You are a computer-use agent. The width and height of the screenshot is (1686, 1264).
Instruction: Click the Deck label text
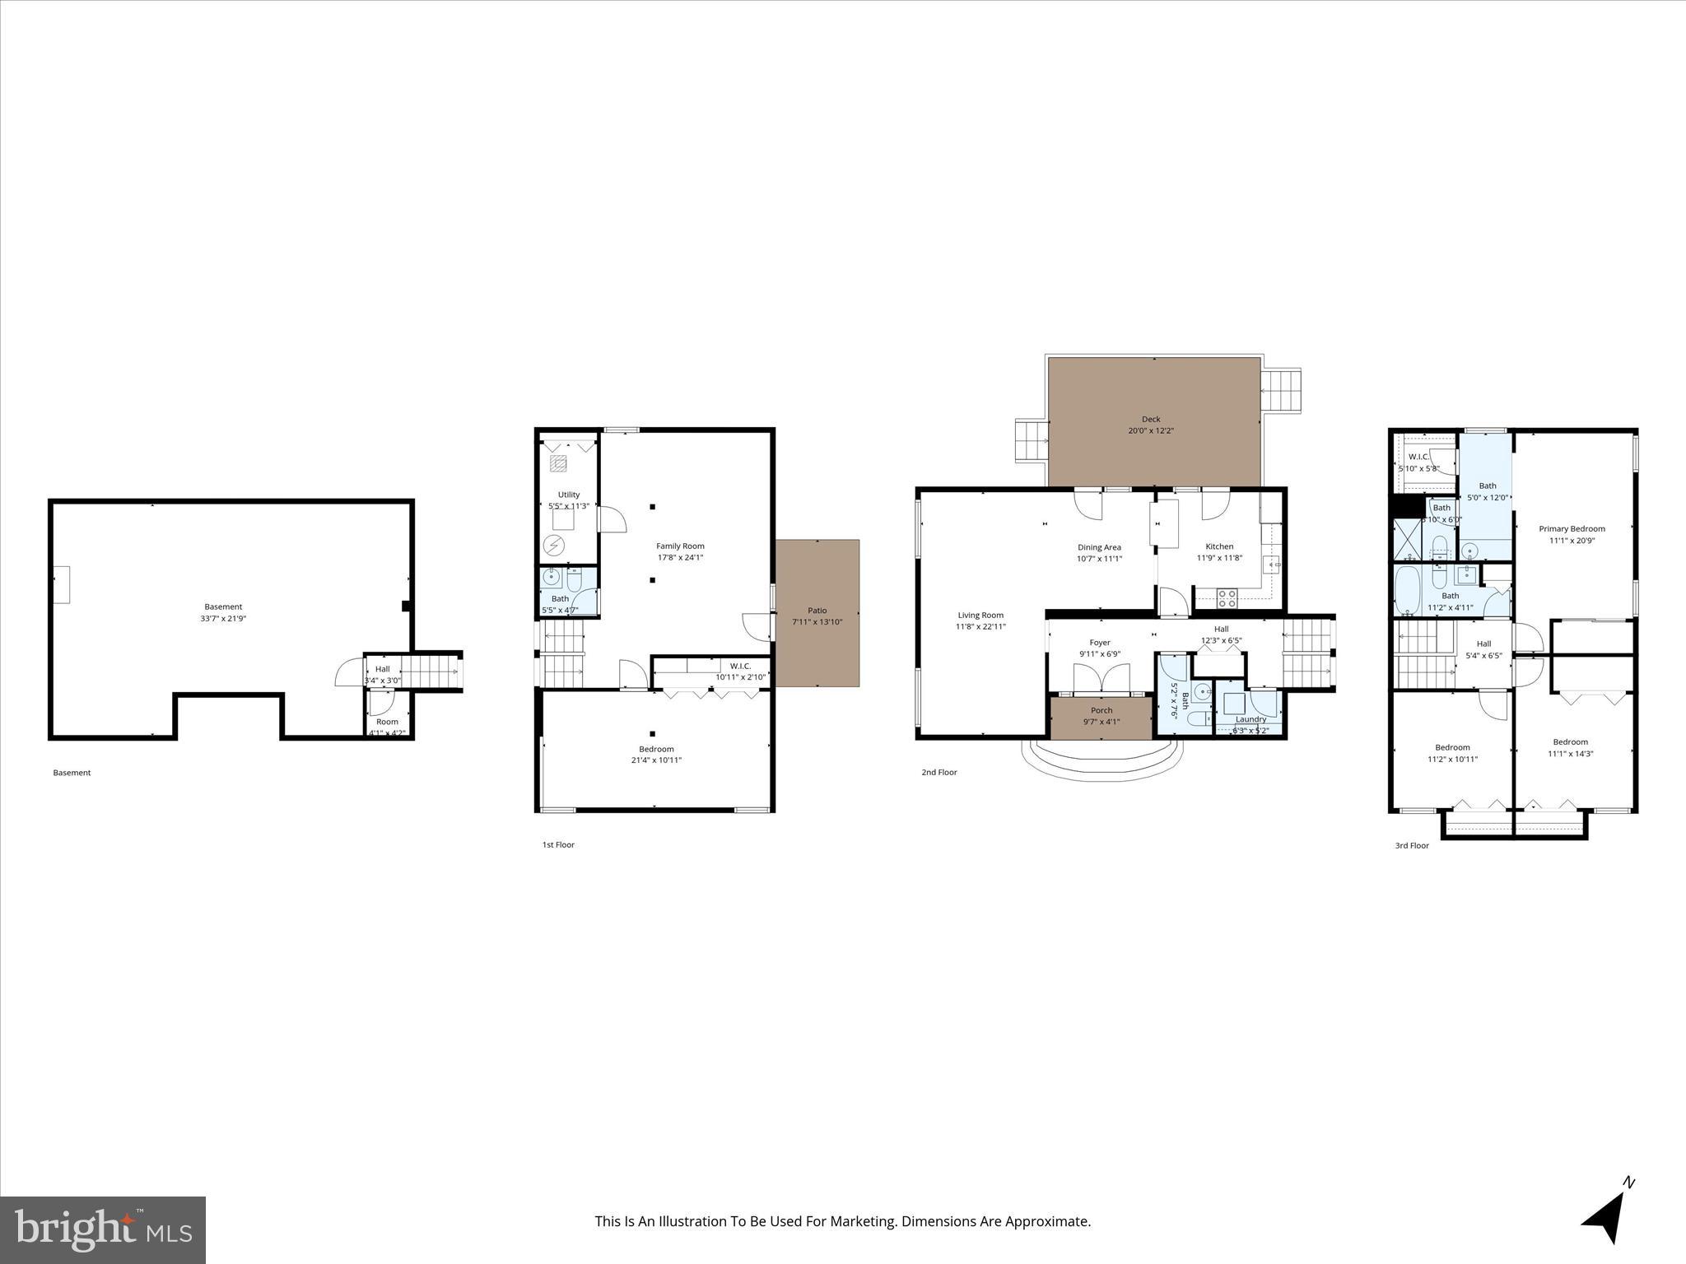click(x=1151, y=419)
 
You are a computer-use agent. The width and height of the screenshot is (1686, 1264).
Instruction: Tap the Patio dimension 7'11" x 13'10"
click(x=817, y=621)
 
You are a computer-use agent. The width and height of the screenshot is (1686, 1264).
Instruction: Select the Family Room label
click(x=680, y=546)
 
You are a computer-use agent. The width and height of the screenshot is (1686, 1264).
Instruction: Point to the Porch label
click(x=1101, y=710)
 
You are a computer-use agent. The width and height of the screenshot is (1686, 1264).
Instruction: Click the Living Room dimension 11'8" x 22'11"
click(x=980, y=626)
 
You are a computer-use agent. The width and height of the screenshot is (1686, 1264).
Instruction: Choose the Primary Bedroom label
click(x=1572, y=529)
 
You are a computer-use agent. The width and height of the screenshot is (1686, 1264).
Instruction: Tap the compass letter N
click(x=1628, y=1206)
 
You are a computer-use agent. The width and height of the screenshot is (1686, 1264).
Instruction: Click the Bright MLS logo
click(x=103, y=1230)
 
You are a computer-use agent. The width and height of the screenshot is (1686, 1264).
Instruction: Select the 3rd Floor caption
click(x=1412, y=845)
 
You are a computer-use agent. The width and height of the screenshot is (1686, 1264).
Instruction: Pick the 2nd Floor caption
click(x=939, y=772)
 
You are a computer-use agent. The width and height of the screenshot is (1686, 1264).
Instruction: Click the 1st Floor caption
click(x=558, y=844)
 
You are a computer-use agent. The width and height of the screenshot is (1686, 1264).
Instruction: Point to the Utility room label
click(x=568, y=495)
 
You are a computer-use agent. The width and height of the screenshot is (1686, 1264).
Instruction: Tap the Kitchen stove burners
click(x=1227, y=598)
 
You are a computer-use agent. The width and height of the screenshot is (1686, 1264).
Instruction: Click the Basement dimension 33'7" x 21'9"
click(x=223, y=618)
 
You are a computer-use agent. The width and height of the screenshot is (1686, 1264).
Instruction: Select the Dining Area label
click(x=1099, y=547)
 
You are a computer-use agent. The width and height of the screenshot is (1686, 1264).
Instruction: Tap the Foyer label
click(x=1100, y=643)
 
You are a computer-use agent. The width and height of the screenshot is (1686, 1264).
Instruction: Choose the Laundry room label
click(x=1251, y=719)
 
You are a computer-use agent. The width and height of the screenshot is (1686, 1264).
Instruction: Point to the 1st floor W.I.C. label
click(x=740, y=666)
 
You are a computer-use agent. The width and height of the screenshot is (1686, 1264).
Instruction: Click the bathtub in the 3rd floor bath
click(x=1409, y=589)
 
